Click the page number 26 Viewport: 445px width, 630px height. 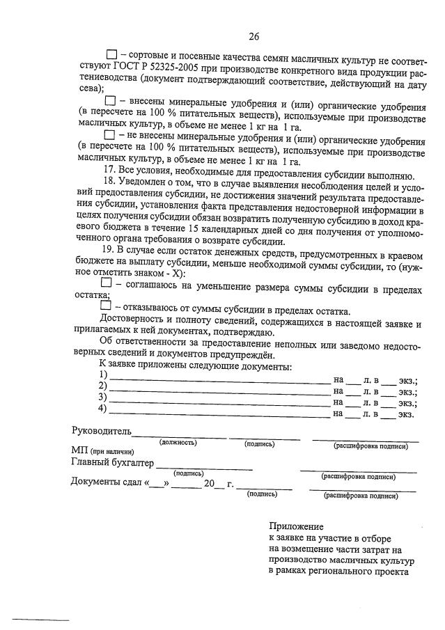click(253, 37)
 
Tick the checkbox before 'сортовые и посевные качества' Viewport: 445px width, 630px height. click(112, 54)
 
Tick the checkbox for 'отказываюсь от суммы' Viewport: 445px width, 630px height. click(106, 306)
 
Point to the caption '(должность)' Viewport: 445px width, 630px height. click(178, 442)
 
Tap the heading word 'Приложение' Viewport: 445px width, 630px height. click(297, 527)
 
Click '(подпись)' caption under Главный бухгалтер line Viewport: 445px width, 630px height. click(189, 473)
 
